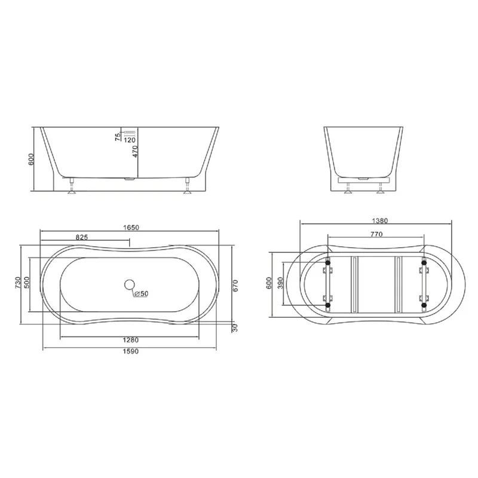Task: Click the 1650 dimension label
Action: click(131, 228)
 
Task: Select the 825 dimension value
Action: click(83, 237)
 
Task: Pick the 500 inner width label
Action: click(26, 283)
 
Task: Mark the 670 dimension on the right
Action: click(235, 286)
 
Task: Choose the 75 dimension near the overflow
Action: click(118, 136)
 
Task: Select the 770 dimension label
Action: click(376, 235)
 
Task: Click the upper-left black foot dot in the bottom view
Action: click(327, 261)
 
